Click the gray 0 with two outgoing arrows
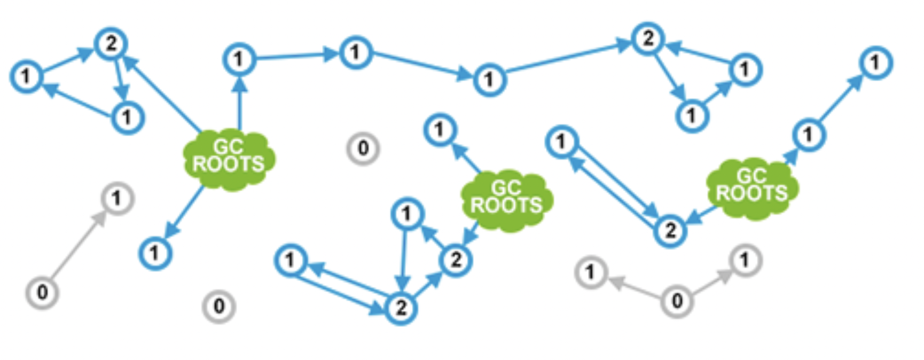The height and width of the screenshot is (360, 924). (677, 301)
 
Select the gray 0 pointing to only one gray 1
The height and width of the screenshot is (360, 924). (42, 292)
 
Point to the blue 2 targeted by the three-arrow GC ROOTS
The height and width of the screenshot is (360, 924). (111, 43)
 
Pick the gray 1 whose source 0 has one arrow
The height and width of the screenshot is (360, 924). (118, 199)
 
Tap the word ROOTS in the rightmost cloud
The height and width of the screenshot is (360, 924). (751, 193)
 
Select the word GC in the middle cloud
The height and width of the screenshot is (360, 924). (506, 187)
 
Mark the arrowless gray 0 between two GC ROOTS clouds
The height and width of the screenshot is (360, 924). (363, 148)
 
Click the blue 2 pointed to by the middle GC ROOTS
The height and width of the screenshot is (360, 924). (456, 260)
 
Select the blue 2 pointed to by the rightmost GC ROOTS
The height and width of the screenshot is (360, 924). (670, 231)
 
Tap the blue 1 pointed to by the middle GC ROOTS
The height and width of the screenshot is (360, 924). (440, 129)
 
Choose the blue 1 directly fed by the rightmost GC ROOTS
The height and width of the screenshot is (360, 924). (809, 135)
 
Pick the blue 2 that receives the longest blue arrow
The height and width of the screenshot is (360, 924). (648, 38)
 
